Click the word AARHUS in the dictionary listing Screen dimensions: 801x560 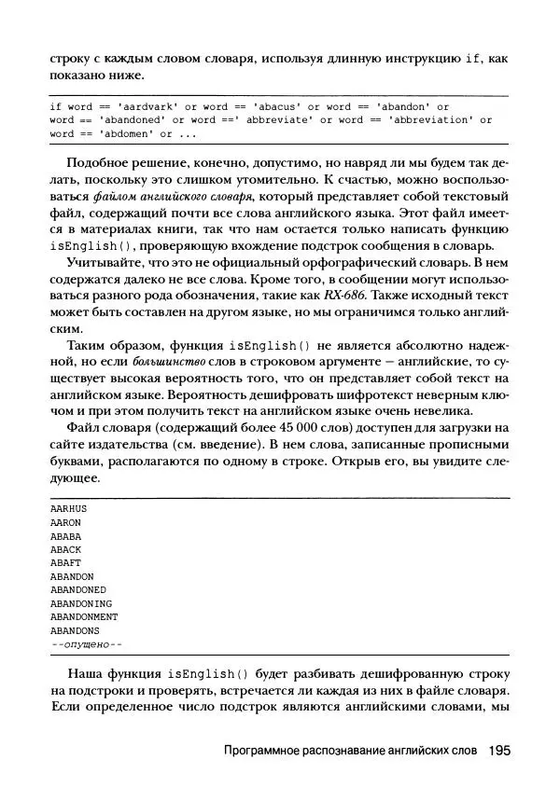pos(68,509)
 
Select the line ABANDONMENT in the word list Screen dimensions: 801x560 pos(84,617)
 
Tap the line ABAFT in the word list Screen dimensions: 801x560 pos(65,563)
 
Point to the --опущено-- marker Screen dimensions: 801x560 pos(87,644)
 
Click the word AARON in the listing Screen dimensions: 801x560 pos(65,523)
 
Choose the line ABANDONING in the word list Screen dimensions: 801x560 pos(81,603)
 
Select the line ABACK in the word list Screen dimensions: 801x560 pos(65,550)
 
